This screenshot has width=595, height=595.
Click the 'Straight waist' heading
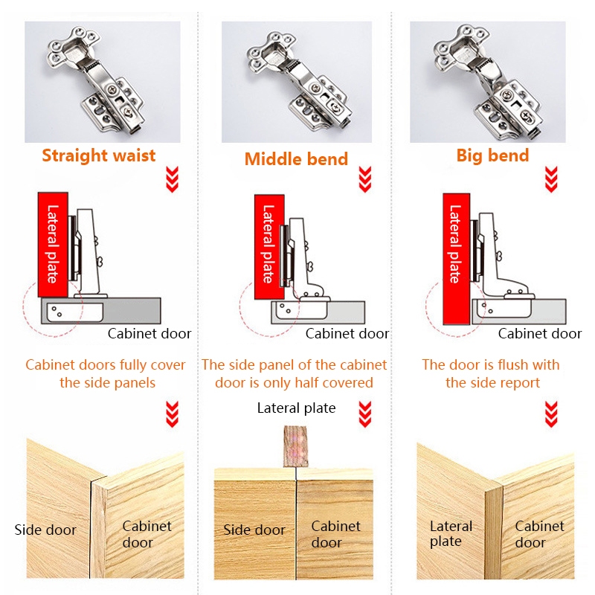point(99,155)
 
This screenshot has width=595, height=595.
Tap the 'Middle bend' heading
point(296,159)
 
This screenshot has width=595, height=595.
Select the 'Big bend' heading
point(492,155)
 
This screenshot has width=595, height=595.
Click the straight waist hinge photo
point(103,82)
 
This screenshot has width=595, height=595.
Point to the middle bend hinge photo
point(297,82)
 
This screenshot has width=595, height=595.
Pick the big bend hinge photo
point(488,82)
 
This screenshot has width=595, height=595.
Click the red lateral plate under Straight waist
point(53,245)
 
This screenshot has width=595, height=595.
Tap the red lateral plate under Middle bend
point(269,247)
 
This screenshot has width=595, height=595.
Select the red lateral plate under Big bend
point(457,259)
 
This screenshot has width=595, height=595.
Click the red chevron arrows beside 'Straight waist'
point(172,179)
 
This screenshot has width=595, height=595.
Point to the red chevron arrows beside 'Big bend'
point(551,179)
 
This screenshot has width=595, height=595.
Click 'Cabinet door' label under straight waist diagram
point(149,333)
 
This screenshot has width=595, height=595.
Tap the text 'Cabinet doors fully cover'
point(106,364)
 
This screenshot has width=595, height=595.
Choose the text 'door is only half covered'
point(294,382)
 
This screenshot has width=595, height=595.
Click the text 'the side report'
point(492,382)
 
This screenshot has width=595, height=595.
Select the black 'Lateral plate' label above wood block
point(296,408)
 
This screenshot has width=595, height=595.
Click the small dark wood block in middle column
point(295,447)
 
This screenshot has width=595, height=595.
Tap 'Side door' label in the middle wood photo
point(254,530)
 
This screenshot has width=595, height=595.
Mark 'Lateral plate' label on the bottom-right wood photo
point(451,534)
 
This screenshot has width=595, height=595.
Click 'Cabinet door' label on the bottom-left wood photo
point(147,534)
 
